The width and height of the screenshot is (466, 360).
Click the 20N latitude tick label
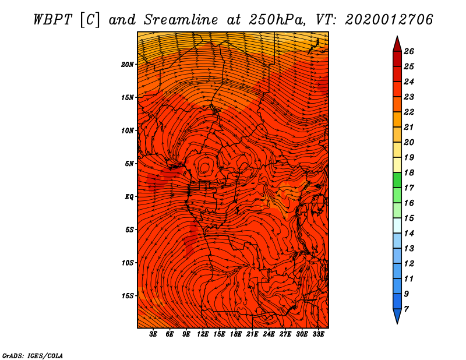tap(127, 65)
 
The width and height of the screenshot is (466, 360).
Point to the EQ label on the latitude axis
tap(129, 197)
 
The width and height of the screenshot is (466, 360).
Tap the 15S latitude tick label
tap(128, 296)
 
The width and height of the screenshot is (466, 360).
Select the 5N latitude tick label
tap(129, 164)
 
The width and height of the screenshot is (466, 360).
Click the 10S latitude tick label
tap(128, 263)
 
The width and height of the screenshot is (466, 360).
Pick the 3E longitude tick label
tap(153, 334)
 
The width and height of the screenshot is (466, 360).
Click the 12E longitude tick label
tap(202, 334)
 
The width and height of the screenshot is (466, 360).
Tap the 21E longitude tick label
tap(252, 334)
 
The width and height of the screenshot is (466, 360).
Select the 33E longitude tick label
tap(318, 334)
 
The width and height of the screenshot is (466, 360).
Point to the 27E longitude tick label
tap(285, 334)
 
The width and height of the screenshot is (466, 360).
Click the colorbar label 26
tap(409, 51)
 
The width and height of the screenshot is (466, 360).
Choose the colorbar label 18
tap(409, 172)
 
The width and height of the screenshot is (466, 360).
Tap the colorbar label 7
tap(406, 309)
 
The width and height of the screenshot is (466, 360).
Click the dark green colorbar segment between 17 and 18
tap(397, 180)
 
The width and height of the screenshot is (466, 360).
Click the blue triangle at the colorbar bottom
tap(397, 316)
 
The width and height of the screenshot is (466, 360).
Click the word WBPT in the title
tap(52, 20)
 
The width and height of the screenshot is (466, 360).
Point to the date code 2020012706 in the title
tap(389, 20)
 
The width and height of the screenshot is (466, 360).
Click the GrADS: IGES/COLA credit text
tap(33, 356)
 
